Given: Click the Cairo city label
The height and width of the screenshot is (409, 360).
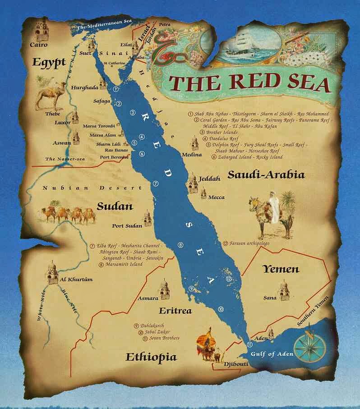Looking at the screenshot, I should pyautogui.click(x=38, y=45).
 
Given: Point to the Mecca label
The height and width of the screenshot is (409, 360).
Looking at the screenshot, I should pyautogui.click(x=216, y=197).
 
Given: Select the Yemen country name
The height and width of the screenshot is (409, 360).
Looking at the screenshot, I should pyautogui.click(x=281, y=269).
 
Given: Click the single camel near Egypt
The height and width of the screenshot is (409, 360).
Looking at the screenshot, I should pyautogui.click(x=50, y=95).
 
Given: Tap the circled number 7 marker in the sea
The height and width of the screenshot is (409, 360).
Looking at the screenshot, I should pyautogui.click(x=155, y=184).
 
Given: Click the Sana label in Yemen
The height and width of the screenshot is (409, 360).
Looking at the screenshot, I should pyautogui.click(x=270, y=298).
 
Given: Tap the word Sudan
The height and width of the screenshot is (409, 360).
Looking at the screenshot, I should pyautogui.click(x=115, y=207).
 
